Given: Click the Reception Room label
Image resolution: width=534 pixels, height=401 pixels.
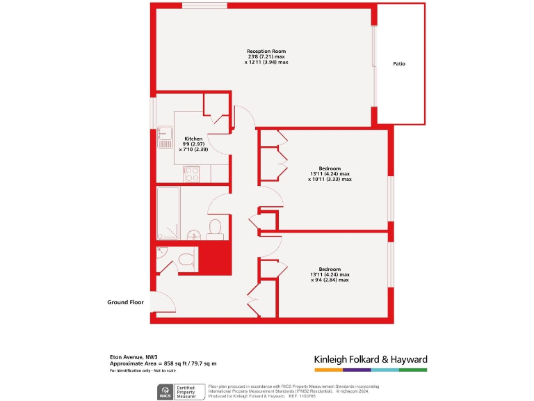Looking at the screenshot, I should click(x=266, y=52).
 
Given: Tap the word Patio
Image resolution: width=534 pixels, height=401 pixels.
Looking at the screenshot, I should click(x=398, y=64).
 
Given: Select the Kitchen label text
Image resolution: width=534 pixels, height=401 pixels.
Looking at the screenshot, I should click(x=193, y=139).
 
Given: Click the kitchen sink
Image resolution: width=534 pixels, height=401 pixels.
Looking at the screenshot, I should click(x=164, y=138).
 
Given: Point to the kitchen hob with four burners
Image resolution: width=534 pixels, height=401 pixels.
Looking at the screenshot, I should click(x=191, y=173).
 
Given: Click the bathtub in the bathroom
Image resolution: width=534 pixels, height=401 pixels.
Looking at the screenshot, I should click(x=168, y=212).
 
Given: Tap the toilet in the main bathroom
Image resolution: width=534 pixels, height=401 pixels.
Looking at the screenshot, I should click(x=215, y=228).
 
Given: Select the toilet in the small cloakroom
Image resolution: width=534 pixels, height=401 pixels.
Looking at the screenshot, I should click(x=186, y=260).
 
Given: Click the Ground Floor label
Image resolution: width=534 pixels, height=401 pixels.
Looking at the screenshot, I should click(x=125, y=303).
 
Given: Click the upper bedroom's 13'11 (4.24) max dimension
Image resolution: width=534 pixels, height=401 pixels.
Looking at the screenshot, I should click(x=330, y=174).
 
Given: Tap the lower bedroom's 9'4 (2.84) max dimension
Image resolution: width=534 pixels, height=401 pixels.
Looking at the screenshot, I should click(x=330, y=280).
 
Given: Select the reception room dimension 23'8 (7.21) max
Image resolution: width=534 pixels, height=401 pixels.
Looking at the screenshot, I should click(x=266, y=57).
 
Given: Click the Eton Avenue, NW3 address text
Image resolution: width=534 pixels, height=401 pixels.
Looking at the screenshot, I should click(x=129, y=356).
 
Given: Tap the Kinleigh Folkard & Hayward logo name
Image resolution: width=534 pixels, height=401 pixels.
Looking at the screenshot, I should click(x=371, y=359).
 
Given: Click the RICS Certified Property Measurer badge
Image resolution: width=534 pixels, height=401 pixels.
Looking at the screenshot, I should click(x=179, y=392).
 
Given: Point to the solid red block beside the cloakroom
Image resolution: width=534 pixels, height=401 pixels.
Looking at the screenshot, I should click(x=214, y=257).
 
